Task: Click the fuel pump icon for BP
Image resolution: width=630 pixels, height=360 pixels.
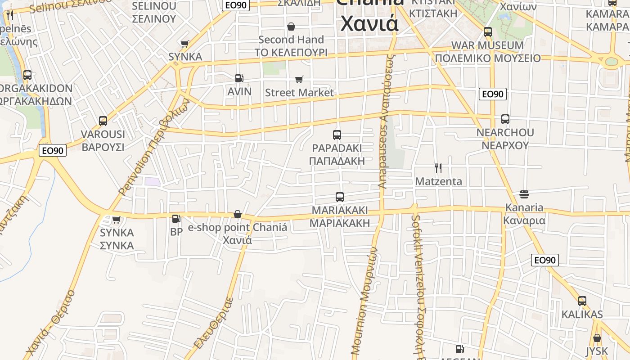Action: [176, 219]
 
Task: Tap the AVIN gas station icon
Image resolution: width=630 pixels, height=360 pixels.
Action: [239, 78]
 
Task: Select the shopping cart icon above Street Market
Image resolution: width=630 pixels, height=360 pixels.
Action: [299, 80]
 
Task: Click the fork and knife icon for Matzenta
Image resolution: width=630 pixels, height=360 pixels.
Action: [438, 168]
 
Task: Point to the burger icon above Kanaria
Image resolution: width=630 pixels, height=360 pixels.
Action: [524, 194]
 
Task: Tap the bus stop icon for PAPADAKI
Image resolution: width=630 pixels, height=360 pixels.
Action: [337, 135]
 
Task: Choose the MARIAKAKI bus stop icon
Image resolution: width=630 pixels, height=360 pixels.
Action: [340, 197]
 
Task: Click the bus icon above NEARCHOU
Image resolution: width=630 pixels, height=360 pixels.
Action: [505, 119]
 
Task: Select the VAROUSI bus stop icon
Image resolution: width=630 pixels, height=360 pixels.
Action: [103, 121]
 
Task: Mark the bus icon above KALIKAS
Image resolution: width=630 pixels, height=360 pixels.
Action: [582, 301]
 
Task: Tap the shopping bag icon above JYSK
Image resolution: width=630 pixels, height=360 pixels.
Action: [597, 338]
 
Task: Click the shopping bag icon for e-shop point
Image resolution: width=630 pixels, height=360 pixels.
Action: [238, 214]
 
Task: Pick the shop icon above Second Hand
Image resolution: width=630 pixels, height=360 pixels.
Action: [291, 27]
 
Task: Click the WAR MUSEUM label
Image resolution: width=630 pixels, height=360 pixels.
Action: [488, 45]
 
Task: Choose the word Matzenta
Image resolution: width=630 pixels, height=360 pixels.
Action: [438, 181]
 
